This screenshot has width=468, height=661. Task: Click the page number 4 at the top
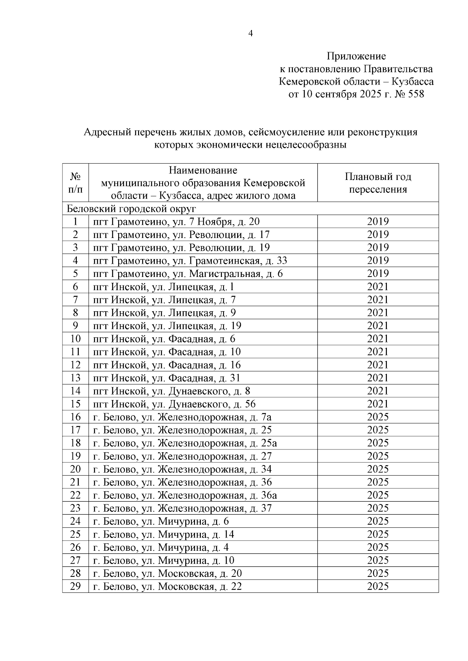click(x=250, y=34)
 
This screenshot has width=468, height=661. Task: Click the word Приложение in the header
click(x=356, y=56)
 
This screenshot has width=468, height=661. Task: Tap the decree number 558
click(x=415, y=94)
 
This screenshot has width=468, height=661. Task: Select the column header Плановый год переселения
click(x=378, y=183)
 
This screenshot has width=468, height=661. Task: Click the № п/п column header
click(x=75, y=183)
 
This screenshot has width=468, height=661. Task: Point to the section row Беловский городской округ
click(x=131, y=208)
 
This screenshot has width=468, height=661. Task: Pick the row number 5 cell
click(x=75, y=273)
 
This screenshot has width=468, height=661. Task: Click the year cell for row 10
click(x=378, y=339)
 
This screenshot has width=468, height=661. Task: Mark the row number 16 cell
click(x=75, y=417)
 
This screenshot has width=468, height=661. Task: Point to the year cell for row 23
click(x=378, y=508)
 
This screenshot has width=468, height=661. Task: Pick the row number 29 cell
click(x=75, y=587)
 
